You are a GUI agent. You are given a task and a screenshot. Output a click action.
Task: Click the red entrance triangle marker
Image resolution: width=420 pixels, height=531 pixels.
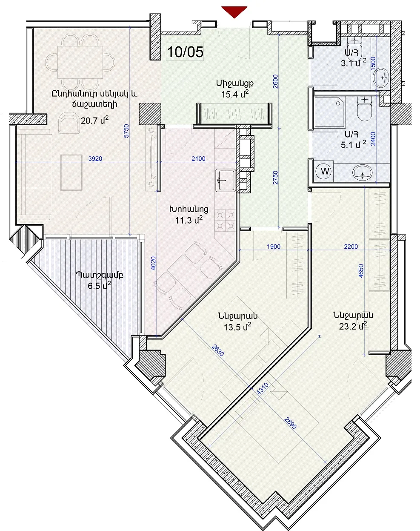click(x=234, y=11)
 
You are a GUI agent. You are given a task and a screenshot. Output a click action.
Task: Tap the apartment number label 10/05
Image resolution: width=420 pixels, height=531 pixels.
click(x=185, y=52)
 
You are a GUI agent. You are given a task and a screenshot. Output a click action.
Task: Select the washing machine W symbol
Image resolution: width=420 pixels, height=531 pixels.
click(x=325, y=171)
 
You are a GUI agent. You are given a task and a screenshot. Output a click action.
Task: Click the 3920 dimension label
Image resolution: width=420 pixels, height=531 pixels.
click(x=95, y=159)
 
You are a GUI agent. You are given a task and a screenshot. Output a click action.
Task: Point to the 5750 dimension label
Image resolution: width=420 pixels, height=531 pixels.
click(x=126, y=131)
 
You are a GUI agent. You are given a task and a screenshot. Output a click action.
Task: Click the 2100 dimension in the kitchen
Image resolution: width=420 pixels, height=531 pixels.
click(x=198, y=159)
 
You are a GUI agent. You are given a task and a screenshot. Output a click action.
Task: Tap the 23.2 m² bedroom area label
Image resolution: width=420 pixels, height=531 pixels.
click(x=353, y=326)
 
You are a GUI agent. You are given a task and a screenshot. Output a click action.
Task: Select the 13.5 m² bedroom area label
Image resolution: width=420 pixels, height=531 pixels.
click(x=237, y=327)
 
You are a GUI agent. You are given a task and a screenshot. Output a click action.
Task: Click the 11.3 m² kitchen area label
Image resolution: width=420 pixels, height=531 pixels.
click(x=189, y=220)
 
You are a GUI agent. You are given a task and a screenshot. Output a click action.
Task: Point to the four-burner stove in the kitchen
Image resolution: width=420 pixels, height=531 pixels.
click(x=225, y=220)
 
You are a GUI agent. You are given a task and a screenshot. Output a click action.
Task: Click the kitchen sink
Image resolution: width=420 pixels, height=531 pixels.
click(x=225, y=181)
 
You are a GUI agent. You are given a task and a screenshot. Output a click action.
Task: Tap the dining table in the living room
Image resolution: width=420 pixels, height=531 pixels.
click(x=80, y=62)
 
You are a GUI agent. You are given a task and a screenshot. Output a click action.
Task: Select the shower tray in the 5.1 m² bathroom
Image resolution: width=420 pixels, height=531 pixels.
click(x=330, y=112)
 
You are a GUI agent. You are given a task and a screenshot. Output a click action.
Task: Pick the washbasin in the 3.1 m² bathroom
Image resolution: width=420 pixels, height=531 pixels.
click(x=381, y=78)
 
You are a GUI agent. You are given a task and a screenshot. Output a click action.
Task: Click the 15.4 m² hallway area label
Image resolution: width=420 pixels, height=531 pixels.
click(x=234, y=94)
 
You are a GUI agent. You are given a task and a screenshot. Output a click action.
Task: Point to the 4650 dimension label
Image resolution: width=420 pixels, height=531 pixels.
click(x=361, y=271)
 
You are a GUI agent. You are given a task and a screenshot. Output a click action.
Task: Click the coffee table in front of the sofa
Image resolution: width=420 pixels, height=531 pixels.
click(x=71, y=172)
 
